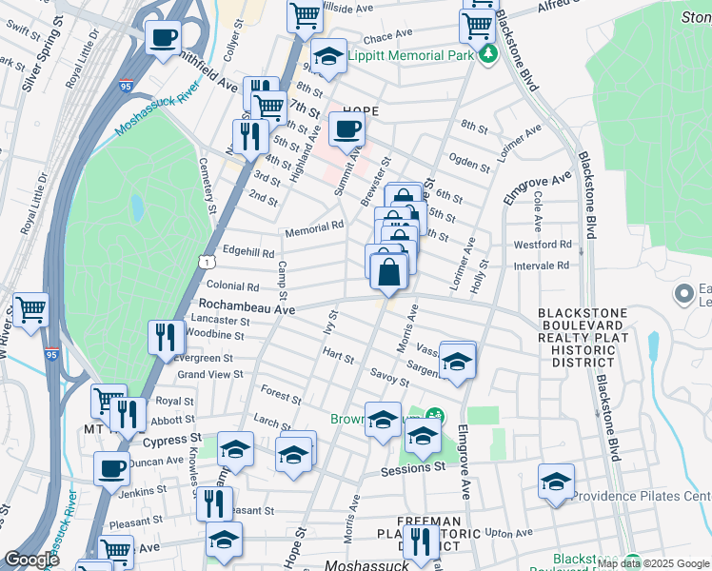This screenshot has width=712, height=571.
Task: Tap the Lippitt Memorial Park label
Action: click(410, 56)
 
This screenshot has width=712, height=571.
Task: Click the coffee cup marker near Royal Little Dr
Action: click(163, 37)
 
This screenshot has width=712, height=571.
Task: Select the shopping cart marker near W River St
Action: click(30, 308)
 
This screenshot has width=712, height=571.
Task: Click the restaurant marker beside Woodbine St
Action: click(167, 336)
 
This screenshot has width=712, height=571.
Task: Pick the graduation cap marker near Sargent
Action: click(457, 362)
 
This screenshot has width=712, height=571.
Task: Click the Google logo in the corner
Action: click(31, 561)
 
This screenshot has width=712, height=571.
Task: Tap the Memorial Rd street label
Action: click(314, 228)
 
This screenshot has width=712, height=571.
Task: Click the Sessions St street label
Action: click(413, 468)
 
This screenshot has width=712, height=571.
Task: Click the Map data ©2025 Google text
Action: click(654, 564)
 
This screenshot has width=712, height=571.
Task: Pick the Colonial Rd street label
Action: click(233, 285)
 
